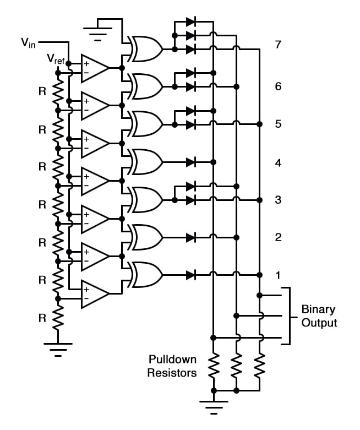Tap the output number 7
click(278, 45)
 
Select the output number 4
click(278, 163)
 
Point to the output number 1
click(278, 275)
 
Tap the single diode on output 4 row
click(191, 162)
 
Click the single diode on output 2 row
click(191, 237)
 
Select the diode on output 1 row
click(191, 274)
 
